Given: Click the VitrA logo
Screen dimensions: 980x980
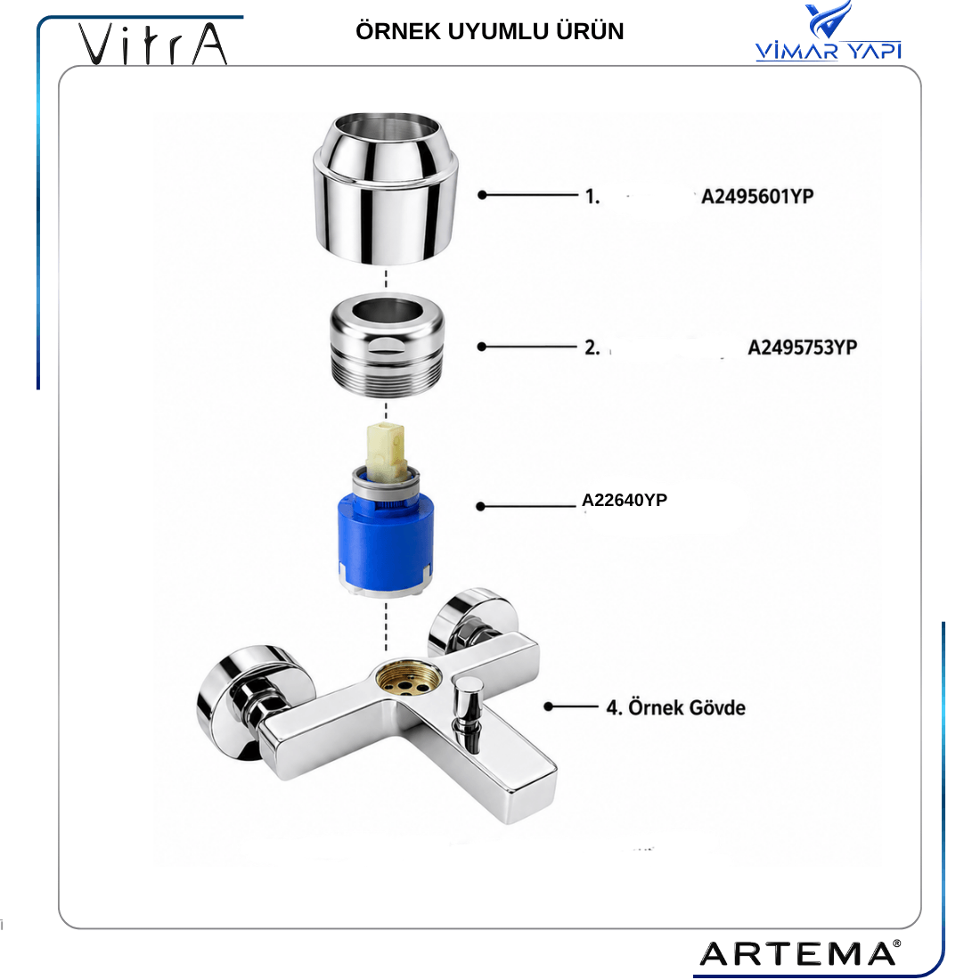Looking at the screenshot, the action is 152,44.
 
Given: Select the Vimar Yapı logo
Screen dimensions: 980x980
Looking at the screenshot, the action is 829,31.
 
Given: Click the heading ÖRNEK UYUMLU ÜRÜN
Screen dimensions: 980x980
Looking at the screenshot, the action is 489,31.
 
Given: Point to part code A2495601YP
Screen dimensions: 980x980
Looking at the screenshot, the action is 757,196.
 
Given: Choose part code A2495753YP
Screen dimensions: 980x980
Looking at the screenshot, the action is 803,347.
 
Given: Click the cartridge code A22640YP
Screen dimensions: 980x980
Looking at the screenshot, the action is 625,500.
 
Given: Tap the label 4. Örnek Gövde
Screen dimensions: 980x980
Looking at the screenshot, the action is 675,707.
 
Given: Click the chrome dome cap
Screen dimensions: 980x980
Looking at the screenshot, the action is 386,188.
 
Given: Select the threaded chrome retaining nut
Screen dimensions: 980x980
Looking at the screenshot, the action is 388,345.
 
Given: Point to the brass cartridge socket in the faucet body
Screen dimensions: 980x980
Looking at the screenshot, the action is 408,680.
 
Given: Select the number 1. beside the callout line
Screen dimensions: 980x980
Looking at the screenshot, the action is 592,197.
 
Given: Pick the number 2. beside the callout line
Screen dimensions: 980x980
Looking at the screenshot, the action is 592,347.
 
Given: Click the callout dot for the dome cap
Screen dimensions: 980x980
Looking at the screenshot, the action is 482,195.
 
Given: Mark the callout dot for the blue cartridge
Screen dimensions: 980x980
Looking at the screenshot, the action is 480,506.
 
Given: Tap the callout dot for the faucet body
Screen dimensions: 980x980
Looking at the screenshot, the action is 548,706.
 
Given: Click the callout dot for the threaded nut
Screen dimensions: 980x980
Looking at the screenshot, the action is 481,347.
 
